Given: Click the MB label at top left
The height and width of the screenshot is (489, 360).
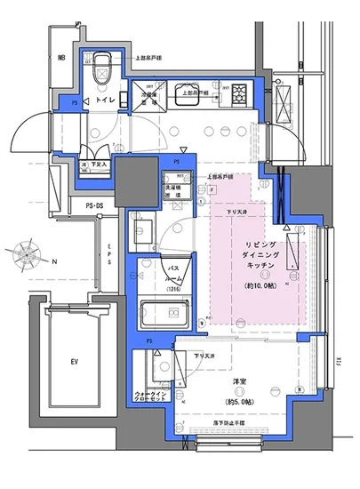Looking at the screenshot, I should click(x=62, y=59).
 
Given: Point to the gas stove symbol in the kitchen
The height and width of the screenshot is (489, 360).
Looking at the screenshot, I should click(x=239, y=92).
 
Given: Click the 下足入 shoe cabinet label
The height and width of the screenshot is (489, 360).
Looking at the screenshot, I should click(x=97, y=165).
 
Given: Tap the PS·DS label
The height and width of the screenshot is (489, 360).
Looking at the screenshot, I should click(x=85, y=207).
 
